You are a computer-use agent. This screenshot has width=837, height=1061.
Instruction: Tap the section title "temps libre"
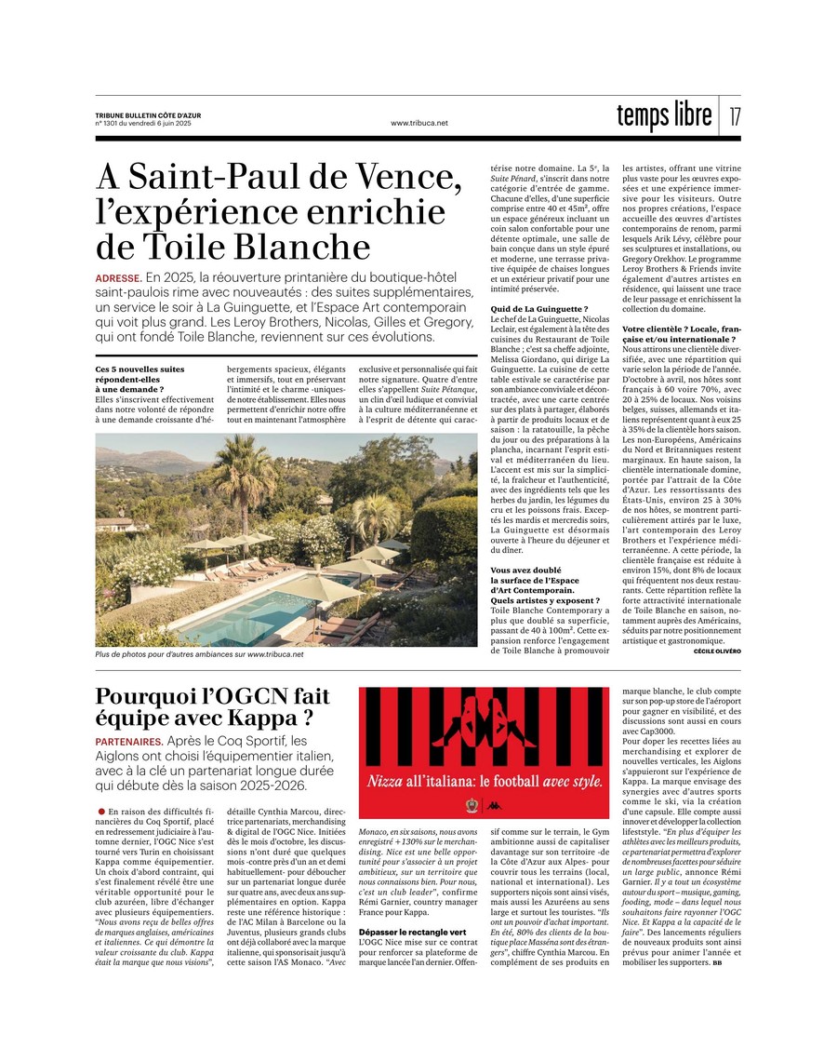(664, 114)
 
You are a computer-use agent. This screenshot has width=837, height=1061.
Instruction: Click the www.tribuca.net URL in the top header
(419, 123)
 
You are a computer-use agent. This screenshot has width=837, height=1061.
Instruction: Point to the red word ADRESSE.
(117, 278)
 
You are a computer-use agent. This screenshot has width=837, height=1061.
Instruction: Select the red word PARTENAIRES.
(128, 742)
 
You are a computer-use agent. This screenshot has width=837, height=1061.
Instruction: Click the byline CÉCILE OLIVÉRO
(717, 651)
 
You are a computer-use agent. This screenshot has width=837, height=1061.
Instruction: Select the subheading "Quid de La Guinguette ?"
(538, 308)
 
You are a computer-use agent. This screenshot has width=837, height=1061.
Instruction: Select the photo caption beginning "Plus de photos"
(199, 654)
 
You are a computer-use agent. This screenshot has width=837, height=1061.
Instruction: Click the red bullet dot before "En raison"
(100, 813)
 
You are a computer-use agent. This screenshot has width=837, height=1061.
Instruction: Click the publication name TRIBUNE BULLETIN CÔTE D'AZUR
(147, 115)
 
